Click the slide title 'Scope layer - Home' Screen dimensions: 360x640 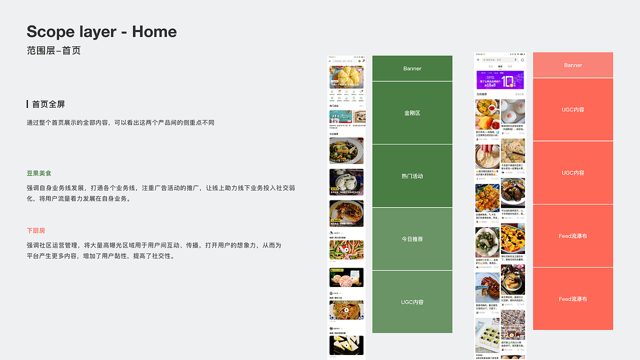(x=101, y=32)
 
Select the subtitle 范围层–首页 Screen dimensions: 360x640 (x=53, y=50)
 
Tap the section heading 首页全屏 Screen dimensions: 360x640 (x=48, y=104)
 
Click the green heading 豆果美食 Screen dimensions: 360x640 (x=39, y=173)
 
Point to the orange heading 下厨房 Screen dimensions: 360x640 (x=36, y=230)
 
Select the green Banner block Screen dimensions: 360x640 (x=412, y=68)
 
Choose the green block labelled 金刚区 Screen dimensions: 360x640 (x=412, y=113)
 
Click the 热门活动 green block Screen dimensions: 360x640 (x=412, y=176)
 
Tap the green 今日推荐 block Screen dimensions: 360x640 (x=412, y=239)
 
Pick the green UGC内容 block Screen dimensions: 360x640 (x=412, y=302)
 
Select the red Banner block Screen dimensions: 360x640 (x=573, y=65)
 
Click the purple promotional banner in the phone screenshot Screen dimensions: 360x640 (x=500, y=80)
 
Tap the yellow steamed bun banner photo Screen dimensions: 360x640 (x=346, y=77)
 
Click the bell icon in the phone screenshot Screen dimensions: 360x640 (x=522, y=60)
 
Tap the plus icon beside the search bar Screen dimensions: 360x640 (x=478, y=60)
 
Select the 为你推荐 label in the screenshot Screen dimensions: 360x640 (x=481, y=94)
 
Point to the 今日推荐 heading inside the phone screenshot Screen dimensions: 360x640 (x=334, y=134)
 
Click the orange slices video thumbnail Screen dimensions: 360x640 (x=346, y=277)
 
